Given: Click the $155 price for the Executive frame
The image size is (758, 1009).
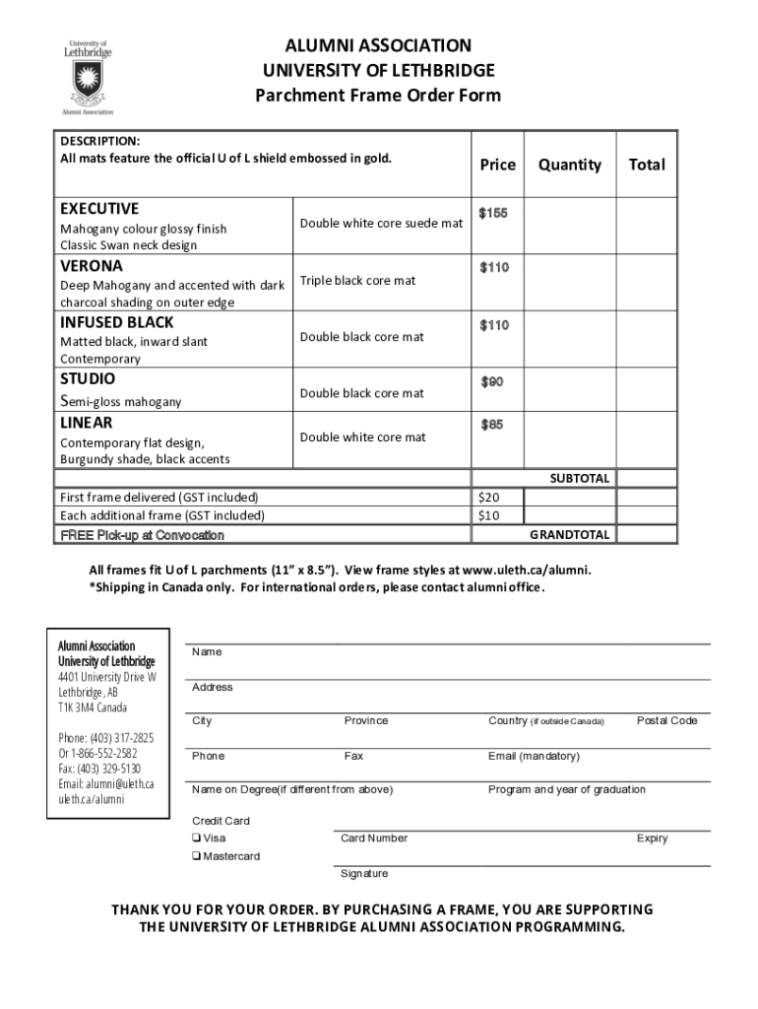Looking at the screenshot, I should (x=493, y=214).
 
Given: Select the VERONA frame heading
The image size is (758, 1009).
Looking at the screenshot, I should (x=92, y=266).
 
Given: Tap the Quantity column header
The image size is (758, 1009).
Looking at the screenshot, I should (x=569, y=165).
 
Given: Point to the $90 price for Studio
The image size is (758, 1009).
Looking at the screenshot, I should (x=492, y=381).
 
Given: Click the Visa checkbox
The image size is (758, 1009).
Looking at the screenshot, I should (x=197, y=839).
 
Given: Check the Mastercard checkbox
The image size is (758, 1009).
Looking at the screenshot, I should (x=197, y=856).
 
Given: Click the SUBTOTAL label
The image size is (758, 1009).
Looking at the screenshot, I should (x=579, y=478).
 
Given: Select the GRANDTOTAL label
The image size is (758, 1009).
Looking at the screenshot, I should (x=570, y=534).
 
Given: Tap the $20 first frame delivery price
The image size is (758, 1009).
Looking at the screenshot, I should (x=489, y=497).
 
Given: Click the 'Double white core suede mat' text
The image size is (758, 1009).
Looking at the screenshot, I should (x=381, y=224).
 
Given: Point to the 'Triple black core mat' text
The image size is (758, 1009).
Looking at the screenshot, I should (x=357, y=281).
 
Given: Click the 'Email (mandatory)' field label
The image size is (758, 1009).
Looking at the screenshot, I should (x=534, y=756).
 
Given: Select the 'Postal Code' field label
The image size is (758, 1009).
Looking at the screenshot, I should (x=666, y=720).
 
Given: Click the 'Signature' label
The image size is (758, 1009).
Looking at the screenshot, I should (x=364, y=874).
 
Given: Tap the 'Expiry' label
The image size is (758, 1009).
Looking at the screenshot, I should (x=652, y=839).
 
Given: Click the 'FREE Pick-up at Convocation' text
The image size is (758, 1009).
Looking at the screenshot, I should (x=142, y=535).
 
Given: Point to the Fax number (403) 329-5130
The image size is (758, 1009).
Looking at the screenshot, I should (x=99, y=769).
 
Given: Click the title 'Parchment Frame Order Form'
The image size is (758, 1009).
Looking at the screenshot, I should (x=378, y=96).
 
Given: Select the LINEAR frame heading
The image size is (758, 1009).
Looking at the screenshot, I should (x=87, y=423).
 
